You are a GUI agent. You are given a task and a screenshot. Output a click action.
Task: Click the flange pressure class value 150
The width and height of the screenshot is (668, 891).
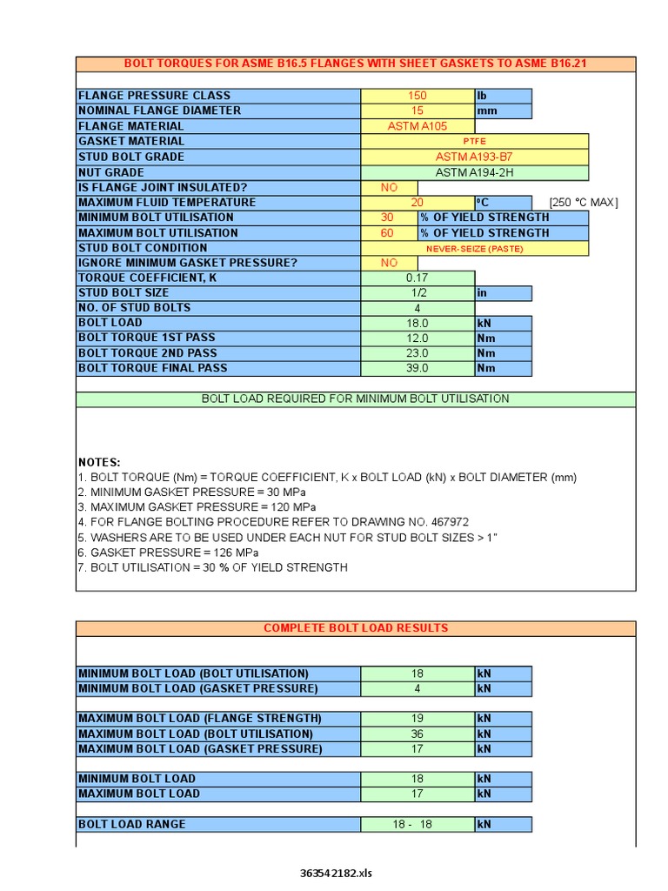[x=417, y=96]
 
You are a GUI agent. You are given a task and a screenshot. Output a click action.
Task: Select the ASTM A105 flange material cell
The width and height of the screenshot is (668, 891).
[x=417, y=126]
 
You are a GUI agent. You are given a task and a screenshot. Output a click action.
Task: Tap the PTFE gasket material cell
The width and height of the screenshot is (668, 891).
[x=474, y=141]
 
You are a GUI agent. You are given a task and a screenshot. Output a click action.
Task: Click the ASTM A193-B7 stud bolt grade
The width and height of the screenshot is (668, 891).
[x=474, y=157]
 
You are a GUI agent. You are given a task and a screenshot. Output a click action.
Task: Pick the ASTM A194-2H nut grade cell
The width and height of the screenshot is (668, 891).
[x=474, y=172]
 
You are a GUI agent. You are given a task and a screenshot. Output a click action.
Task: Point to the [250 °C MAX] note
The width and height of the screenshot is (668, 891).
[x=584, y=203]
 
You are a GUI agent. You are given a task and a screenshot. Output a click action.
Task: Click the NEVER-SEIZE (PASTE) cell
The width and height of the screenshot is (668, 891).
[x=474, y=248]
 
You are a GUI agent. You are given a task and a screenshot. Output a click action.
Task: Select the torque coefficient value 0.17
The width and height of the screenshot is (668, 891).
[x=417, y=278]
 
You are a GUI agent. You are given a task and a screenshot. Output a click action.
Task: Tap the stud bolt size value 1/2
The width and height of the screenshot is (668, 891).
[x=417, y=293]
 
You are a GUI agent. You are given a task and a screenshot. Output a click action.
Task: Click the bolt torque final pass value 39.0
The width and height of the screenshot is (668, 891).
[x=417, y=368]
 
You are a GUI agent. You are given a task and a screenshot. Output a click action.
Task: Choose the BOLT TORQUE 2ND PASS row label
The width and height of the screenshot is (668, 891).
[x=147, y=353]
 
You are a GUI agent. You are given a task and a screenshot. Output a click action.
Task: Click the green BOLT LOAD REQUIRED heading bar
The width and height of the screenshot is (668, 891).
[x=355, y=399]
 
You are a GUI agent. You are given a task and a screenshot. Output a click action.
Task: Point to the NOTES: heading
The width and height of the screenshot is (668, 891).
[x=99, y=462]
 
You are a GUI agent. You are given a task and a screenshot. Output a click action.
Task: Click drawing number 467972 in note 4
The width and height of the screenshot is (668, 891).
[x=444, y=522]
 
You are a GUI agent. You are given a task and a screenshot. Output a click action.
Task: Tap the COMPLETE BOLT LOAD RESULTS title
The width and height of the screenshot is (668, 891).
[x=355, y=627]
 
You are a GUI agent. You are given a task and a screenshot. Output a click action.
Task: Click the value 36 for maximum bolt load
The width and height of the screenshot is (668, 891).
[x=417, y=734]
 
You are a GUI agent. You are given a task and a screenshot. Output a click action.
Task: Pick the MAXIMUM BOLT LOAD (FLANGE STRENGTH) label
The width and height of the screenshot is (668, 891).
[x=200, y=719]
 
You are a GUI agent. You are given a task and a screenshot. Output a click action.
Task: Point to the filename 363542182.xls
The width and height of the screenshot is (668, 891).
[x=335, y=873]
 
